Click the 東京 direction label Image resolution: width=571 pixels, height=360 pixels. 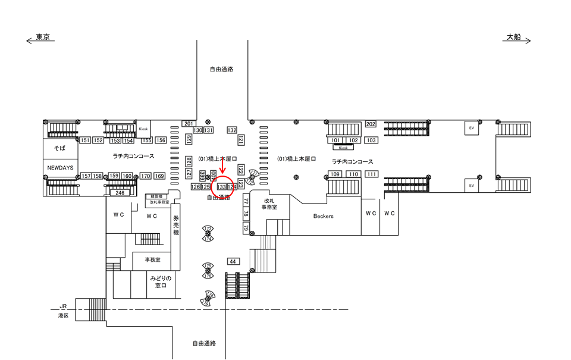coord(42,37)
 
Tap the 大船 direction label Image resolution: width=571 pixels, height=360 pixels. coord(513,37)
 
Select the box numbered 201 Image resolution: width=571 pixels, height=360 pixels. coord(189,123)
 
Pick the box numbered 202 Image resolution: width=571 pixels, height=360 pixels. coord(371,124)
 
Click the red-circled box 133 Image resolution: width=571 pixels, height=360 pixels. coord(222,187)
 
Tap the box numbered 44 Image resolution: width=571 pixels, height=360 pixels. coord(233,261)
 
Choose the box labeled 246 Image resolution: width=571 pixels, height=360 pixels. coord(120,193)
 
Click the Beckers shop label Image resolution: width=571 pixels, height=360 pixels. coord(324,216)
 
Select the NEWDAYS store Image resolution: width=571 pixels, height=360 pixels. coord(60,168)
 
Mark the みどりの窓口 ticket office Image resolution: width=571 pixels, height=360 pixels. coord(161,282)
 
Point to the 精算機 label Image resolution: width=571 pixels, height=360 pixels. coord(158,196)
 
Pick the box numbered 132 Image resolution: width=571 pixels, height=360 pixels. coord(232,130)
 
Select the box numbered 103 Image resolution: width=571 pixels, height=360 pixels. coord(371,140)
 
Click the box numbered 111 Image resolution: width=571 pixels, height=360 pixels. coord(372,174)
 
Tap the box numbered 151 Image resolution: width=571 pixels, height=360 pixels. coord(84,140)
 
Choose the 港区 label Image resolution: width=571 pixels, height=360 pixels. coord(63,315)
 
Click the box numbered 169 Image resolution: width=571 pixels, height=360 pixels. coord(159,176)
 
